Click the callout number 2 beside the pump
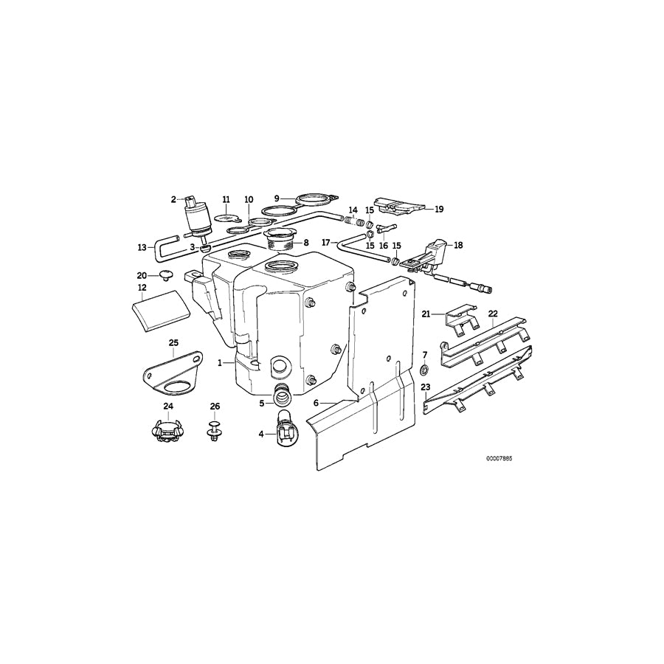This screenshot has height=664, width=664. click(x=174, y=199)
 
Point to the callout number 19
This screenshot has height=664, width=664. click(x=439, y=210)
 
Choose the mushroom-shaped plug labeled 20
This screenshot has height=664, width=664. click(x=165, y=275)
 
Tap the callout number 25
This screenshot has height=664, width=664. click(x=174, y=342)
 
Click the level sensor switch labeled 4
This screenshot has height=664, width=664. click(x=284, y=432)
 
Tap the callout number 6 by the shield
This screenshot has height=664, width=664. click(x=316, y=403)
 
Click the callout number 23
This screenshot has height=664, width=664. click(x=425, y=387)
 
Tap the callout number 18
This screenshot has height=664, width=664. click(x=458, y=244)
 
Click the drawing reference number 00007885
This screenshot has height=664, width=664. click(x=499, y=458)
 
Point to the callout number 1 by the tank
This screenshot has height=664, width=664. click(x=220, y=363)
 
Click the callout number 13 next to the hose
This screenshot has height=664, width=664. click(x=142, y=247)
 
